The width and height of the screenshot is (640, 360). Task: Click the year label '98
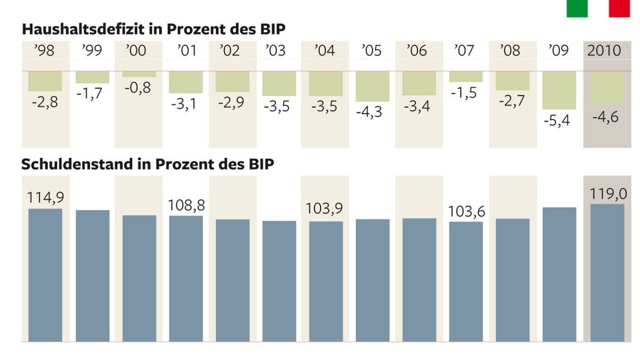click(45, 51)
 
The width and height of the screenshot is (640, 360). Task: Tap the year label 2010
click(604, 51)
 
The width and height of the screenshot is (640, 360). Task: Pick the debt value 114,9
click(45, 197)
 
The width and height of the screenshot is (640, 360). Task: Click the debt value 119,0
click(608, 194)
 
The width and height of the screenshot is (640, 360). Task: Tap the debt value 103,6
click(467, 212)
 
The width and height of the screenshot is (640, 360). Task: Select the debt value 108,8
click(186, 205)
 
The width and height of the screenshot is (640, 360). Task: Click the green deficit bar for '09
click(559, 90)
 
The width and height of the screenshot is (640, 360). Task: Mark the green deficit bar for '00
click(139, 74)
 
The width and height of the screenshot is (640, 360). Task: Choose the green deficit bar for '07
click(466, 76)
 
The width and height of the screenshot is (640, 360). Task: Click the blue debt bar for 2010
click(607, 272)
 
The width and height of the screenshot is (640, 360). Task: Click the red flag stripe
click(619, 8)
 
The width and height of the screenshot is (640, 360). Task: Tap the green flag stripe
click(577, 8)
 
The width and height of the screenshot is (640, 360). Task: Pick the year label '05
click(372, 51)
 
